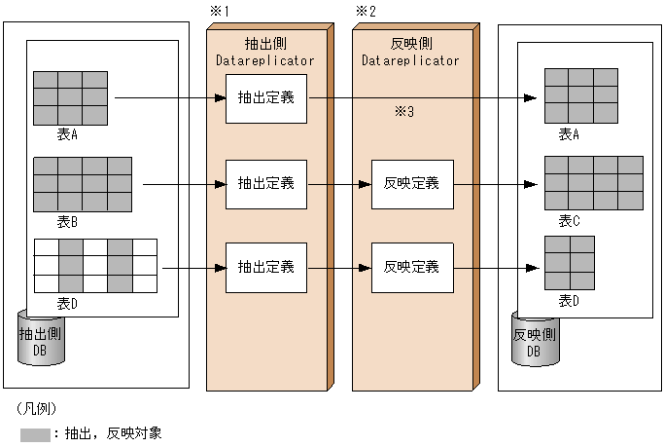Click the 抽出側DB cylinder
(41, 339)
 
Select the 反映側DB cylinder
(535, 339)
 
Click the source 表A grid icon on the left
(70, 98)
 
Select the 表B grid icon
(83, 183)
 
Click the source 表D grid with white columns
(95, 266)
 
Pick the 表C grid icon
(593, 183)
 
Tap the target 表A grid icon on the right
(580, 96)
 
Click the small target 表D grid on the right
(569, 264)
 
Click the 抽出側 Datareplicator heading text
(264, 52)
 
